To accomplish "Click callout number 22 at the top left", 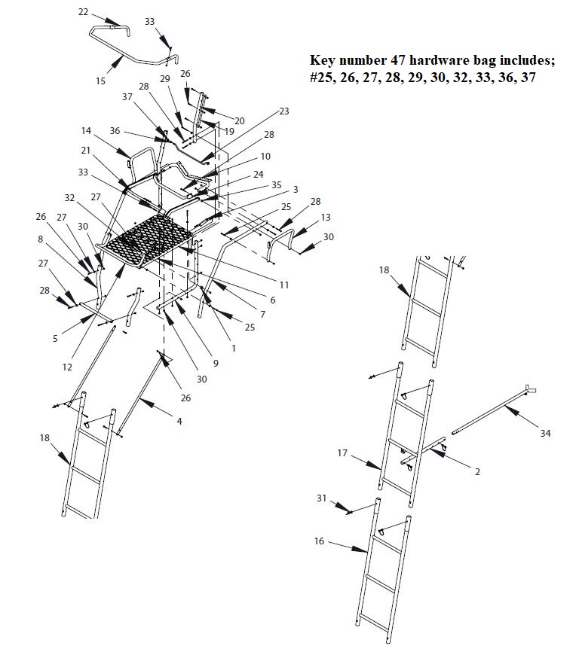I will [83, 12].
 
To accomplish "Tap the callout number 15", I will [100, 80].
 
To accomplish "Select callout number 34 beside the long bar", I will [545, 434].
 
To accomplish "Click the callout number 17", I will [342, 453].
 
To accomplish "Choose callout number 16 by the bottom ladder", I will [319, 541].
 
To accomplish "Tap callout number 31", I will [321, 498].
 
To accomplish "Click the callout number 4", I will [179, 422].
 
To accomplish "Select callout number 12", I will [68, 367].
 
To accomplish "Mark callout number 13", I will [325, 217].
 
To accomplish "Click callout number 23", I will [283, 111].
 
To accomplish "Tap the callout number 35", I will [276, 184].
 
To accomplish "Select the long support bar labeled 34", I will [490, 411].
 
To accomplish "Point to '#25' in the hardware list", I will [322, 78].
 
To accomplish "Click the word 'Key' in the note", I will [322, 61].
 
